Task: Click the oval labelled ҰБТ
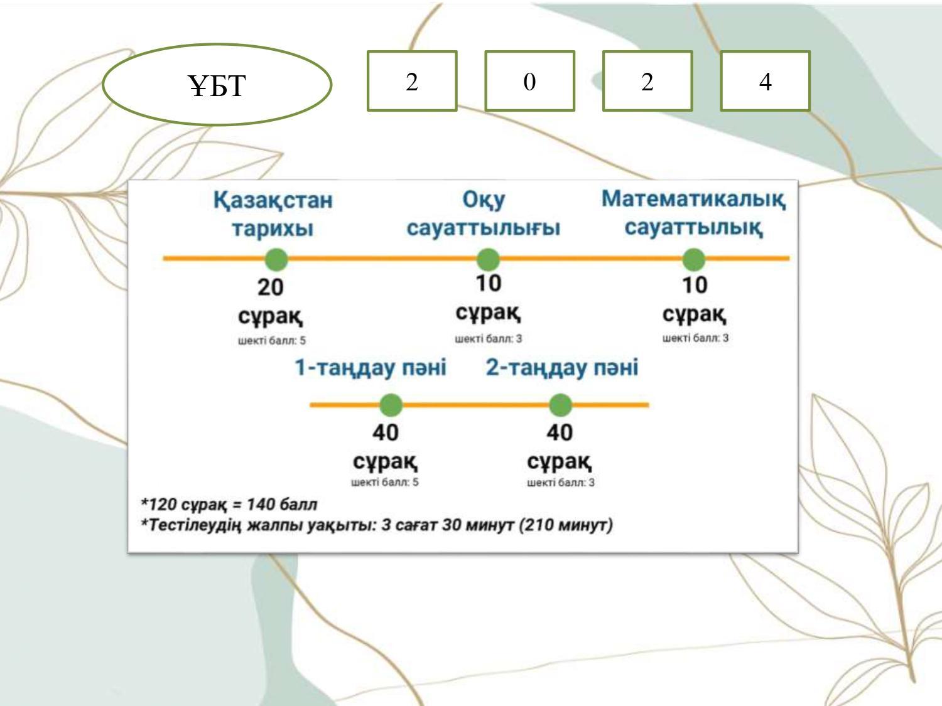pyautogui.click(x=217, y=84)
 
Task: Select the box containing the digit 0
pyautogui.click(x=529, y=82)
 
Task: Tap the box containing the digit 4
pyautogui.click(x=765, y=82)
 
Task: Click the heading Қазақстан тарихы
pyautogui.click(x=273, y=214)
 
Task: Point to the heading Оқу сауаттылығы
pyautogui.click(x=483, y=214)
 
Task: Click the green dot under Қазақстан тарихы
pyautogui.click(x=276, y=259)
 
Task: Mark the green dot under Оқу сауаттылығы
pyautogui.click(x=488, y=259)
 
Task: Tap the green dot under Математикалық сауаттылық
pyautogui.click(x=693, y=259)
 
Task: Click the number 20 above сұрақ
pyautogui.click(x=271, y=287)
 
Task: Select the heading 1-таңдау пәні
pyautogui.click(x=371, y=368)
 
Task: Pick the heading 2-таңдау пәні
pyautogui.click(x=562, y=368)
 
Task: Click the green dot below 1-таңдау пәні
pyautogui.click(x=391, y=405)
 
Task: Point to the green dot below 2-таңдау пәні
pyautogui.click(x=560, y=405)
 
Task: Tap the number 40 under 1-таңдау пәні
pyautogui.click(x=385, y=432)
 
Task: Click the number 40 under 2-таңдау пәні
pyautogui.click(x=559, y=432)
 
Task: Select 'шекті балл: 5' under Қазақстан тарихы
pyautogui.click(x=272, y=341)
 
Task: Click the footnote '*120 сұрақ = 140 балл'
pyautogui.click(x=229, y=505)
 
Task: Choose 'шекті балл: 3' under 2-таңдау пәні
pyautogui.click(x=561, y=483)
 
